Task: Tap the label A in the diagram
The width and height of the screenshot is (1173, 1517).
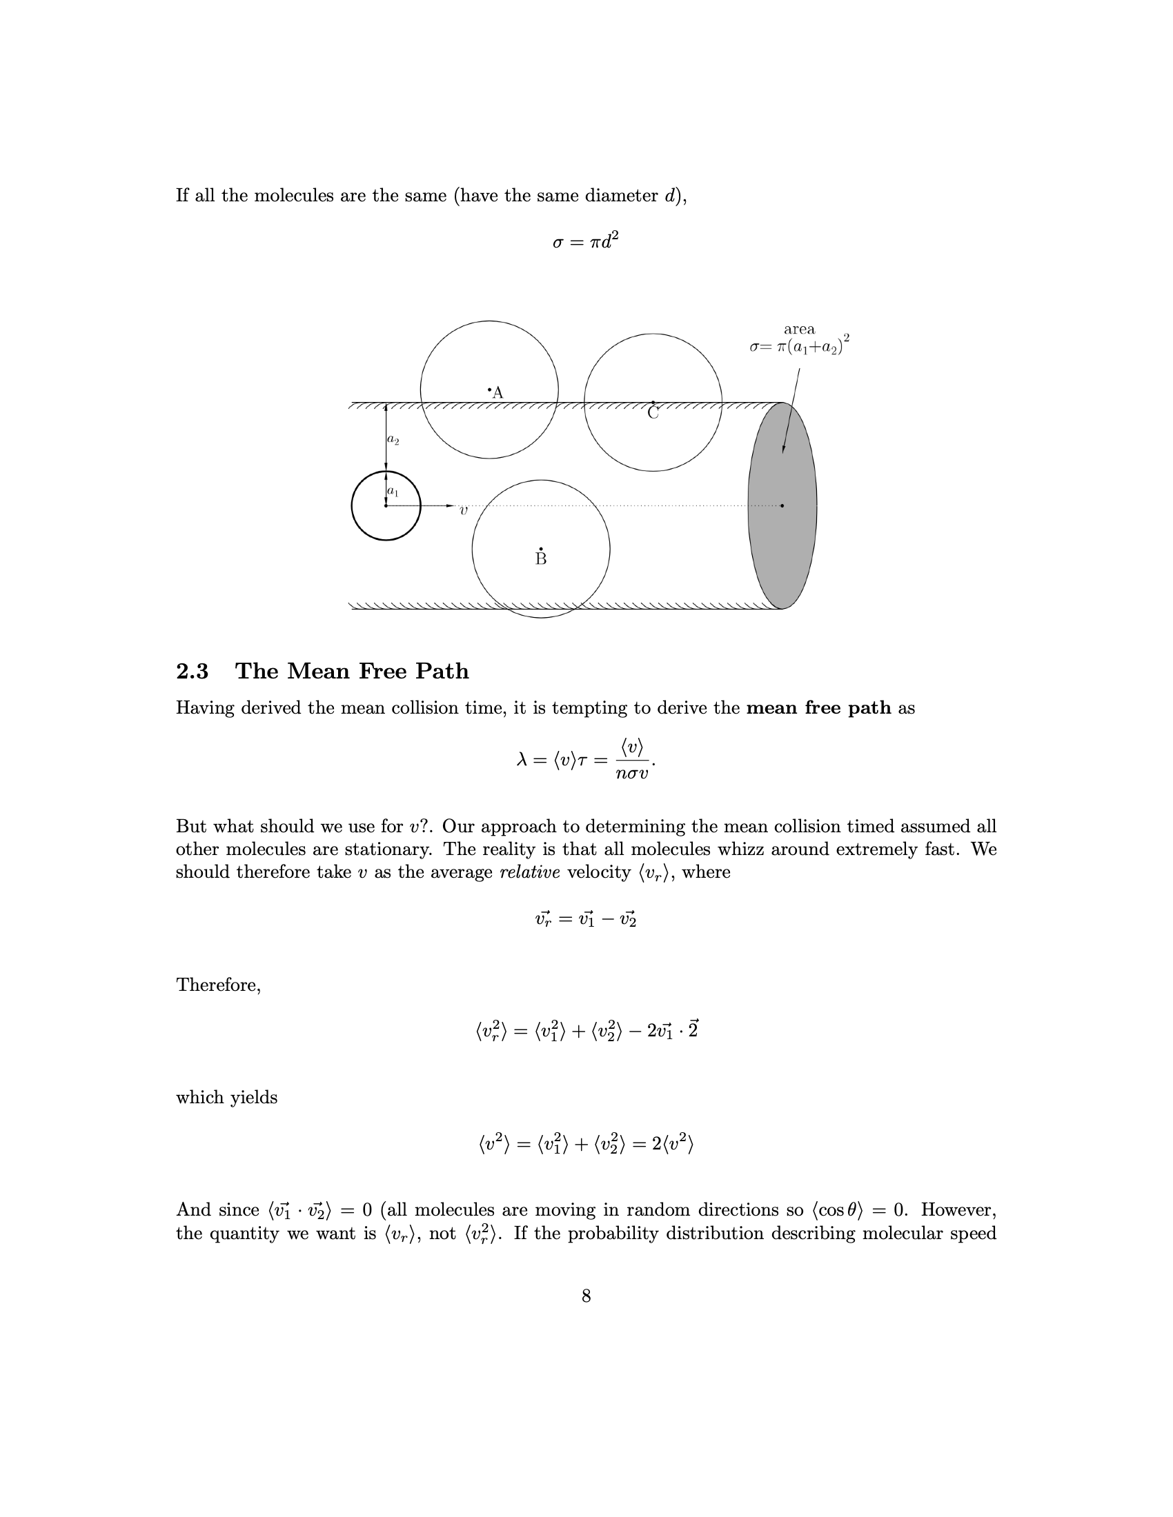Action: pyautogui.click(x=497, y=393)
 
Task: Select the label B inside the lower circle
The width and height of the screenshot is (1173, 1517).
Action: pyautogui.click(x=541, y=559)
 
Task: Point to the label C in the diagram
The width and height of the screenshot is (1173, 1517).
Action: pyautogui.click(x=653, y=412)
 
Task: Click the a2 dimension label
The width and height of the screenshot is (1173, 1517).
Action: pyautogui.click(x=393, y=440)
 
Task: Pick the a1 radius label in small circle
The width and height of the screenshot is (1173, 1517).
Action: pyautogui.click(x=393, y=492)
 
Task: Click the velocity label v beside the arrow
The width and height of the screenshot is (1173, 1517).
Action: pyautogui.click(x=464, y=510)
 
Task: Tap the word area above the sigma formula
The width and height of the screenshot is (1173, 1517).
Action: pyautogui.click(x=799, y=329)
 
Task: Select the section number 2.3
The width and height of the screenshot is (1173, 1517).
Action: pyautogui.click(x=192, y=672)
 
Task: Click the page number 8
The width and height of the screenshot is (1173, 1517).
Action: pyautogui.click(x=586, y=1296)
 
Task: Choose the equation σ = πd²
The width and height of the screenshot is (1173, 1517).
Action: pyautogui.click(x=585, y=242)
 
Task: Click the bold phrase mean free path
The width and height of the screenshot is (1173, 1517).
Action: pyautogui.click(x=818, y=707)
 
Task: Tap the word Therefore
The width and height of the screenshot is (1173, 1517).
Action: pyautogui.click(x=218, y=985)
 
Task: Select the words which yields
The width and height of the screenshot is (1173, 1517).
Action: pyautogui.click(x=226, y=1098)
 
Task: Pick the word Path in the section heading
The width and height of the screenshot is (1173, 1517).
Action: pyautogui.click(x=442, y=672)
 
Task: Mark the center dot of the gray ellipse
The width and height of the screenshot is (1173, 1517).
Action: pyautogui.click(x=782, y=505)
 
